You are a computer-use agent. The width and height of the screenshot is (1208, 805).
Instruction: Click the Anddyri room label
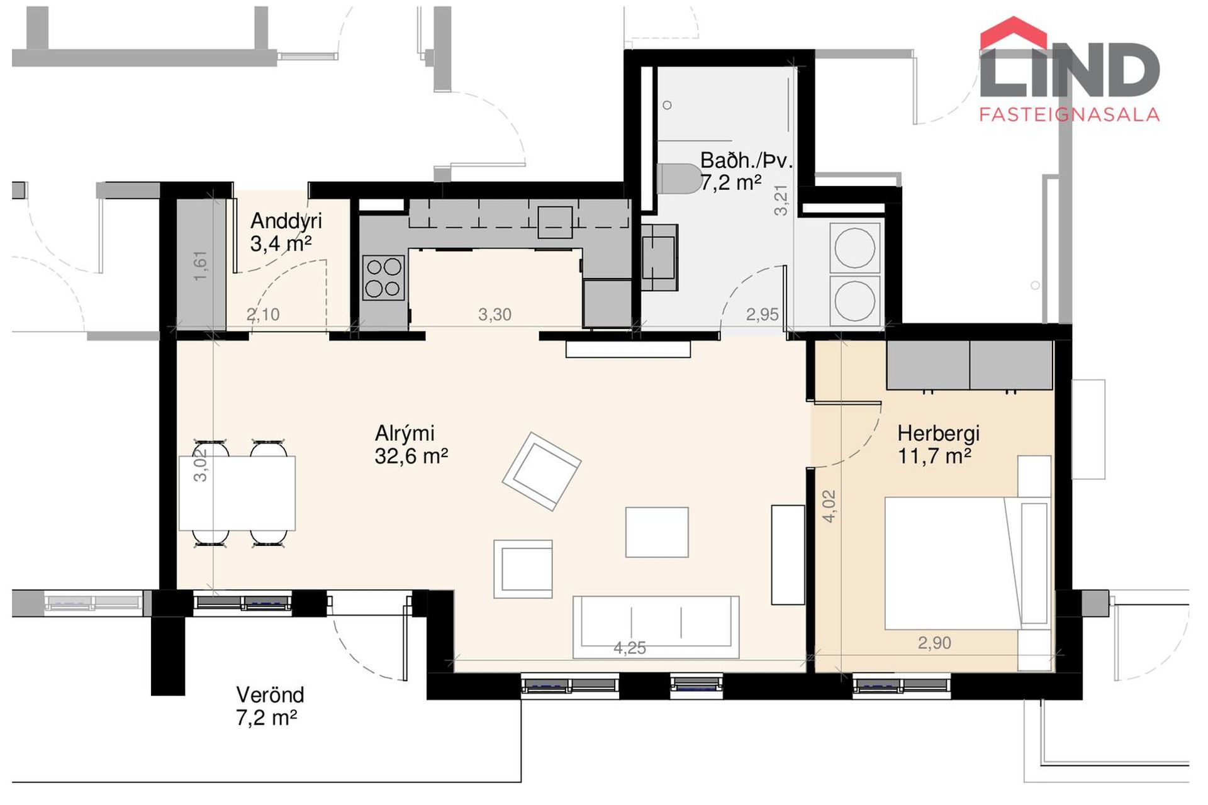tap(286, 221)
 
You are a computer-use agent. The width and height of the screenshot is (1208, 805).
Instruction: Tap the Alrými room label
tap(405, 433)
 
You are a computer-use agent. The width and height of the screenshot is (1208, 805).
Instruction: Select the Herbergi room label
tap(939, 434)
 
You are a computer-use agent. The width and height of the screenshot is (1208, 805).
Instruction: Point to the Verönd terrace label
tap(270, 695)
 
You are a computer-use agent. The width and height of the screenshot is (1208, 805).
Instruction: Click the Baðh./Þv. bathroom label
tap(746, 160)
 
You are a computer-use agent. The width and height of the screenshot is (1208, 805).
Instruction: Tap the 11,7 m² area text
tap(934, 457)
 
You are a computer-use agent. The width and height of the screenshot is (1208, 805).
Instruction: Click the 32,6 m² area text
tap(411, 456)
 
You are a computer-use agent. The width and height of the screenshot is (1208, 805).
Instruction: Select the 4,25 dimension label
tap(630, 648)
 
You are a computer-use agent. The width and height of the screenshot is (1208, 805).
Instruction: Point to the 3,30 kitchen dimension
tap(495, 314)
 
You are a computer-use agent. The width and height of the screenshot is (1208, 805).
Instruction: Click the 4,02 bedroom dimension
tap(829, 506)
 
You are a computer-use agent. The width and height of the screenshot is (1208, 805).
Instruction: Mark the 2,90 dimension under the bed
tap(934, 643)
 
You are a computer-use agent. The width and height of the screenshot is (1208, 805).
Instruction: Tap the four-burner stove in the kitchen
tap(384, 277)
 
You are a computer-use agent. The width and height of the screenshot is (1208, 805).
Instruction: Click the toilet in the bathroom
tap(679, 179)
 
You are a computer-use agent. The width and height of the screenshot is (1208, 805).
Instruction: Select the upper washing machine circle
tap(854, 248)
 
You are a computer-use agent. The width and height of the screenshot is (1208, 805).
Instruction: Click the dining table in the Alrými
tap(237, 494)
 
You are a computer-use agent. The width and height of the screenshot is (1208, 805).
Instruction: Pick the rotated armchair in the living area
tap(541, 471)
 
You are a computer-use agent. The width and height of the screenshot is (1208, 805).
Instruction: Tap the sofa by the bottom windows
tap(656, 627)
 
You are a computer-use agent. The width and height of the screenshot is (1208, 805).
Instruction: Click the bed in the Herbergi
tap(968, 563)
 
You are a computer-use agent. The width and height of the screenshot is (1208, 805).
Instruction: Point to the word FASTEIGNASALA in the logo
tap(1069, 114)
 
